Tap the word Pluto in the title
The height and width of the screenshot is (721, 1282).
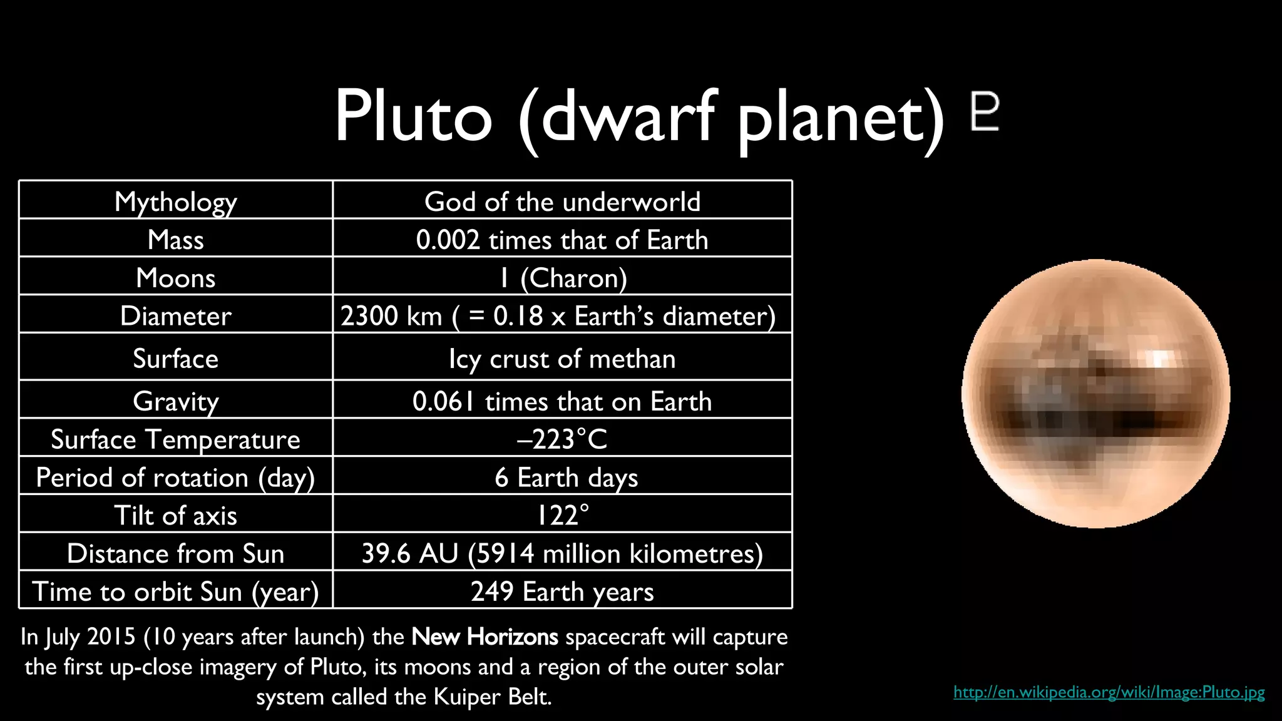(413, 116)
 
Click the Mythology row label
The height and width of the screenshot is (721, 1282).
(176, 202)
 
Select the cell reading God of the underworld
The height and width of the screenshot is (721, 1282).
(562, 202)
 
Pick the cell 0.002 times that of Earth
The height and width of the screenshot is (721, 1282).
(562, 240)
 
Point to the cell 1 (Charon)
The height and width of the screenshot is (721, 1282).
(562, 278)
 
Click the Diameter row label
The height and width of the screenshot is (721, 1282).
(176, 315)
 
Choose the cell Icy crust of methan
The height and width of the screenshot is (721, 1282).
(562, 359)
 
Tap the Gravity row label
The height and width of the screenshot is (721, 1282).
(176, 401)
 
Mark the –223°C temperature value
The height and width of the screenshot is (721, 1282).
(562, 439)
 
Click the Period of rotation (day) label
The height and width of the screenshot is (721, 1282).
(176, 478)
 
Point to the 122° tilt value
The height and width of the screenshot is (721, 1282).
(562, 516)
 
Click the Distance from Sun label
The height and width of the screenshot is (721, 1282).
(176, 554)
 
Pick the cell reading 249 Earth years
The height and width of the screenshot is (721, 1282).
(562, 591)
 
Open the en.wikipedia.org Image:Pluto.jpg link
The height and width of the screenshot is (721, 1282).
(1109, 692)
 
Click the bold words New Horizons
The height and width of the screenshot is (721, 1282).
(485, 637)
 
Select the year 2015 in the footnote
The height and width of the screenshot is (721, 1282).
(111, 637)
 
